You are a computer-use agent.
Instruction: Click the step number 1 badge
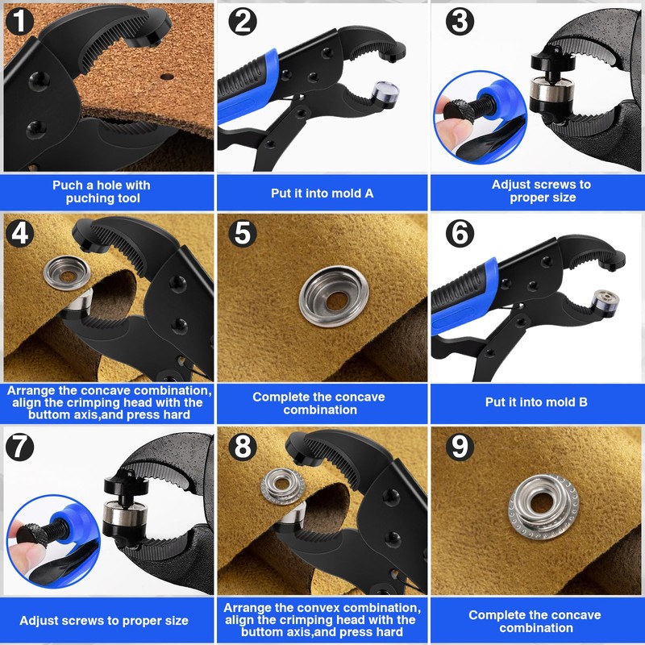point(19,21)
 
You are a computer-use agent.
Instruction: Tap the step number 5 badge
point(243,233)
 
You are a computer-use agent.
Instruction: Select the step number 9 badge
point(460,447)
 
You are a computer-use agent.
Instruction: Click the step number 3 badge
point(460,22)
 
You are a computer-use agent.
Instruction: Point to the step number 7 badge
point(19,447)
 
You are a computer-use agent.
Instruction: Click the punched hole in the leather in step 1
point(167,77)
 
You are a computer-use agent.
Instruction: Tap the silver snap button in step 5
point(334,296)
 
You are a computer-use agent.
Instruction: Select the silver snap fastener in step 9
point(543,506)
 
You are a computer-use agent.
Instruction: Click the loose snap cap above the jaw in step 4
point(67,273)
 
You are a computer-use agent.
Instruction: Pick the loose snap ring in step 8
point(283,486)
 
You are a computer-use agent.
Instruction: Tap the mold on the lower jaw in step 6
point(605,302)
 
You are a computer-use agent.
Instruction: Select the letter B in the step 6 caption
point(583,402)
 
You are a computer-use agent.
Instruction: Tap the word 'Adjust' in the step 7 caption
point(38,621)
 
